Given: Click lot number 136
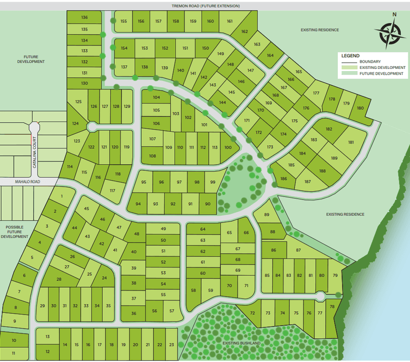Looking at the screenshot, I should [x=84, y=17].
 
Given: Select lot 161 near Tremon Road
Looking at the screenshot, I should [x=230, y=21].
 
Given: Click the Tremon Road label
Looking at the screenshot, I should [x=206, y=6].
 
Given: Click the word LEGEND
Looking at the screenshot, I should [x=350, y=55].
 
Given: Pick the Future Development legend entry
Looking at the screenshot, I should [x=382, y=74].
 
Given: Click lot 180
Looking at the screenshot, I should [x=360, y=108].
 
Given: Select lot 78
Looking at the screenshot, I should [x=332, y=307].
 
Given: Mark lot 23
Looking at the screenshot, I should [x=171, y=345].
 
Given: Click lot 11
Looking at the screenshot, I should [x=13, y=353].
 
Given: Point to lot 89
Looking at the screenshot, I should [x=266, y=215].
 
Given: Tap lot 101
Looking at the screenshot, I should [x=204, y=125].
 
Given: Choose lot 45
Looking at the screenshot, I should [x=87, y=208].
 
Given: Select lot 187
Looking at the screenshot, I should [x=307, y=182].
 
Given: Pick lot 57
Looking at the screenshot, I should [x=172, y=310].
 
